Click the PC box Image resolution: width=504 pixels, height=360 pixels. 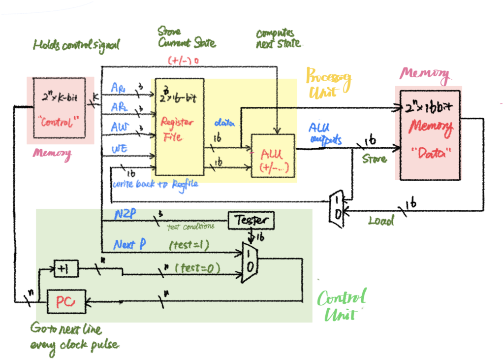pyautogui.click(x=65, y=301)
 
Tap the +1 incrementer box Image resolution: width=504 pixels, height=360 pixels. pyautogui.click(x=65, y=268)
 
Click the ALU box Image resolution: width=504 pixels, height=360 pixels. pyautogui.click(x=273, y=156)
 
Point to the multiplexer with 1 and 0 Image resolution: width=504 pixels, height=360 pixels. pyautogui.click(x=250, y=262)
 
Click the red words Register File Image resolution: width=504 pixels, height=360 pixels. pyautogui.click(x=177, y=129)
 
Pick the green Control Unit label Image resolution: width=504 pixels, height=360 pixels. pyautogui.click(x=342, y=305)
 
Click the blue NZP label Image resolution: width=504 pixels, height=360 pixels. pyautogui.click(x=126, y=215)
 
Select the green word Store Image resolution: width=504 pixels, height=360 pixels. pyautogui.click(x=374, y=159)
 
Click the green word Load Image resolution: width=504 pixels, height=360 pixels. pyautogui.click(x=381, y=222)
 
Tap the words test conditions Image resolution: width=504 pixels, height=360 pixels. pyautogui.click(x=190, y=227)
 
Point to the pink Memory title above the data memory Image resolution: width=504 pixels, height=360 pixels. pyautogui.click(x=424, y=74)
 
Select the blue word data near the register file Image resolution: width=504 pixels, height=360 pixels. pyautogui.click(x=224, y=122)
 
